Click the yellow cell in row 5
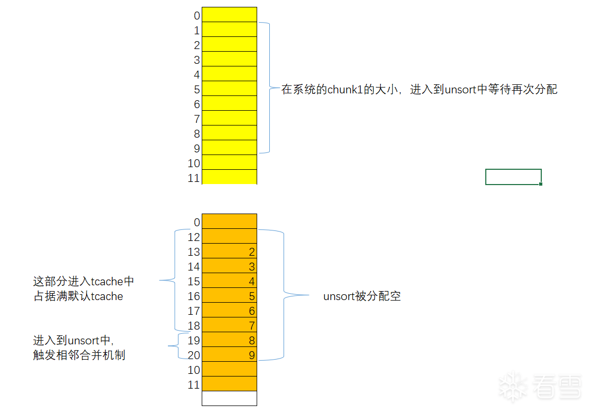click(x=229, y=89)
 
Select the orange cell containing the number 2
click(x=229, y=251)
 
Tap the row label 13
click(x=194, y=252)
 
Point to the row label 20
click(x=194, y=355)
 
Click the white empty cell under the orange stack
click(x=229, y=398)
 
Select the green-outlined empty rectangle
click(x=513, y=177)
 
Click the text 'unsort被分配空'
click(x=362, y=296)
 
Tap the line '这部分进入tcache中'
click(x=83, y=282)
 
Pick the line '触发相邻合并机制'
click(x=79, y=355)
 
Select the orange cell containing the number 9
click(x=229, y=354)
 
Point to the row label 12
click(x=194, y=237)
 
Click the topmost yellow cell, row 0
click(x=229, y=15)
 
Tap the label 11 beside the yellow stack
click(x=194, y=178)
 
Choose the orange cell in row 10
click(x=229, y=369)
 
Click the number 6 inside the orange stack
click(x=252, y=311)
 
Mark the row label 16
click(x=194, y=296)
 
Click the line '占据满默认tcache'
click(x=78, y=296)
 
